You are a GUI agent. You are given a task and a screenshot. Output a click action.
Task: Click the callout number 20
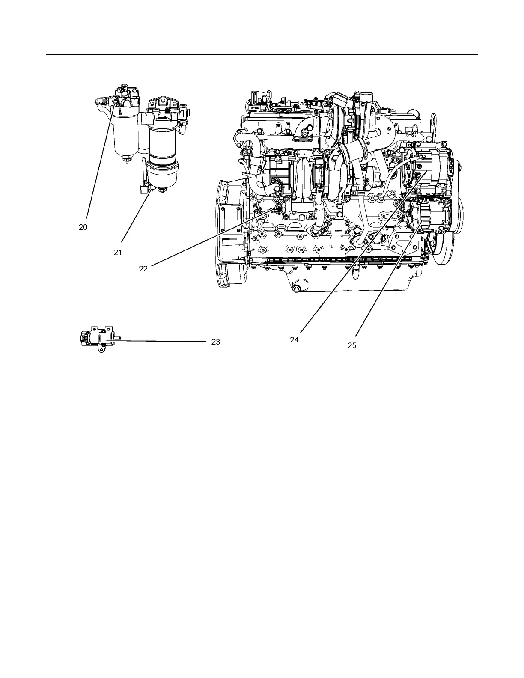click(83, 227)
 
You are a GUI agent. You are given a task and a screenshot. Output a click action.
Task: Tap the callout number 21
click(118, 253)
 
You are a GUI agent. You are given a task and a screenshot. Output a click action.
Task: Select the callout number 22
click(143, 268)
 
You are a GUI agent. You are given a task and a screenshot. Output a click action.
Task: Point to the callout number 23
click(216, 342)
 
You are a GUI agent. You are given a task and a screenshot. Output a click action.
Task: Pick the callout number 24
click(294, 339)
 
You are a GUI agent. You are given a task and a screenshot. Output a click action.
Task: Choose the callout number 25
click(351, 345)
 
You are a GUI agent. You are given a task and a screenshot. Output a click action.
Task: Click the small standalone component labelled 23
click(98, 340)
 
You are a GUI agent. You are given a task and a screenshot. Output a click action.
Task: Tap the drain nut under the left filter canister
click(126, 160)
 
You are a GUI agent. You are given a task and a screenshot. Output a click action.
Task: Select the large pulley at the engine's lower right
click(443, 240)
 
